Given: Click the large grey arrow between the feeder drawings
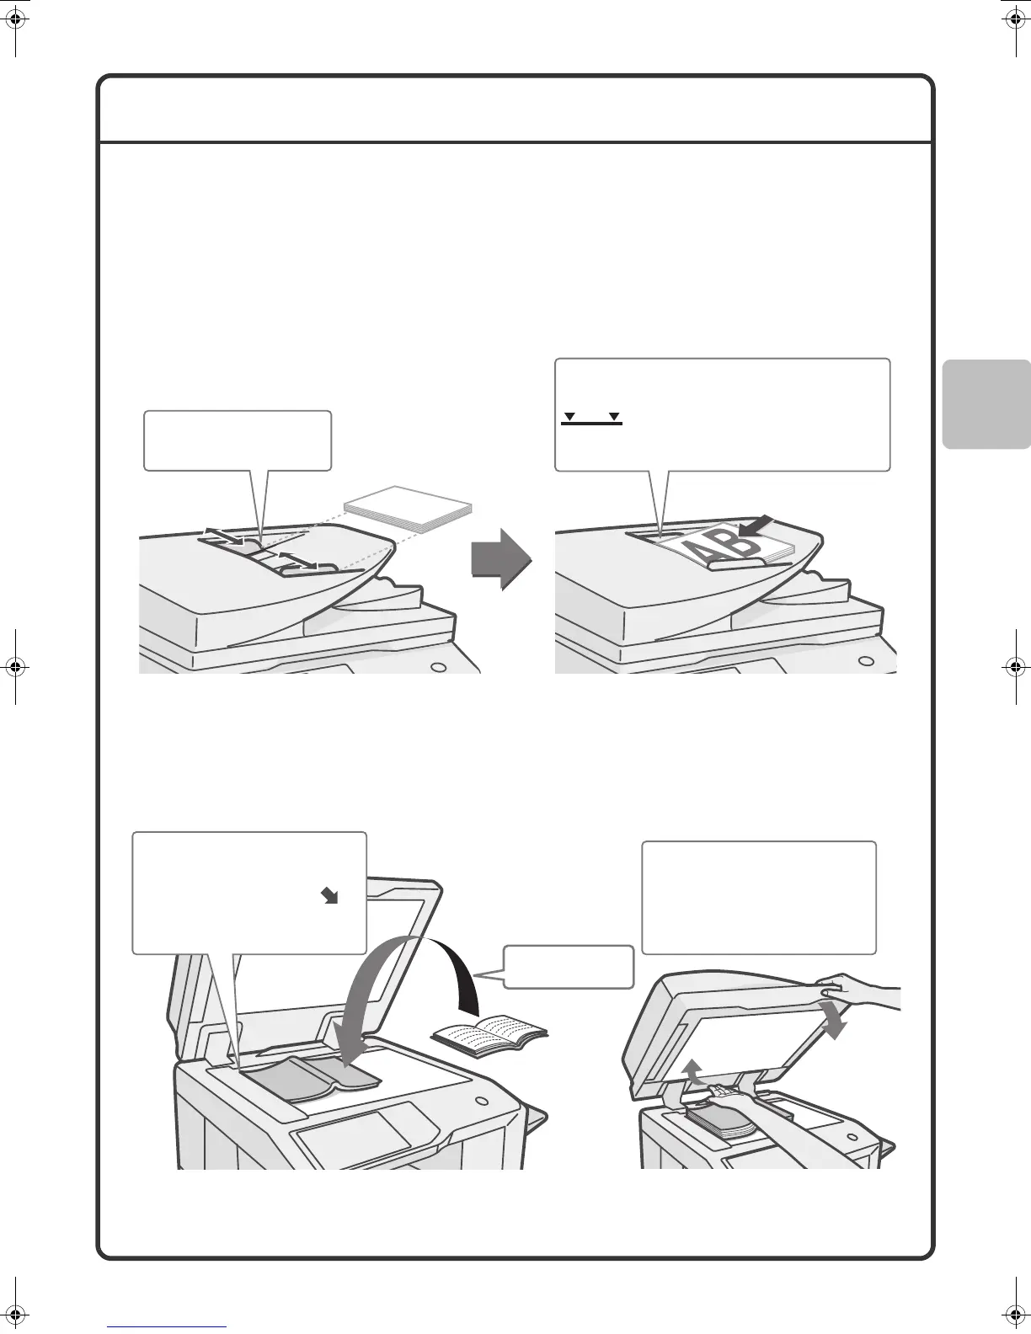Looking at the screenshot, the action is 501,558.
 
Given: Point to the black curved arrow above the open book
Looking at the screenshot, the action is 459,968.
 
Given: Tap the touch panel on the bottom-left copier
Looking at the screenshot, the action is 354,1134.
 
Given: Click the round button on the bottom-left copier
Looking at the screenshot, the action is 481,1101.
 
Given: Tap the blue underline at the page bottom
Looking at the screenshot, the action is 167,1326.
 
